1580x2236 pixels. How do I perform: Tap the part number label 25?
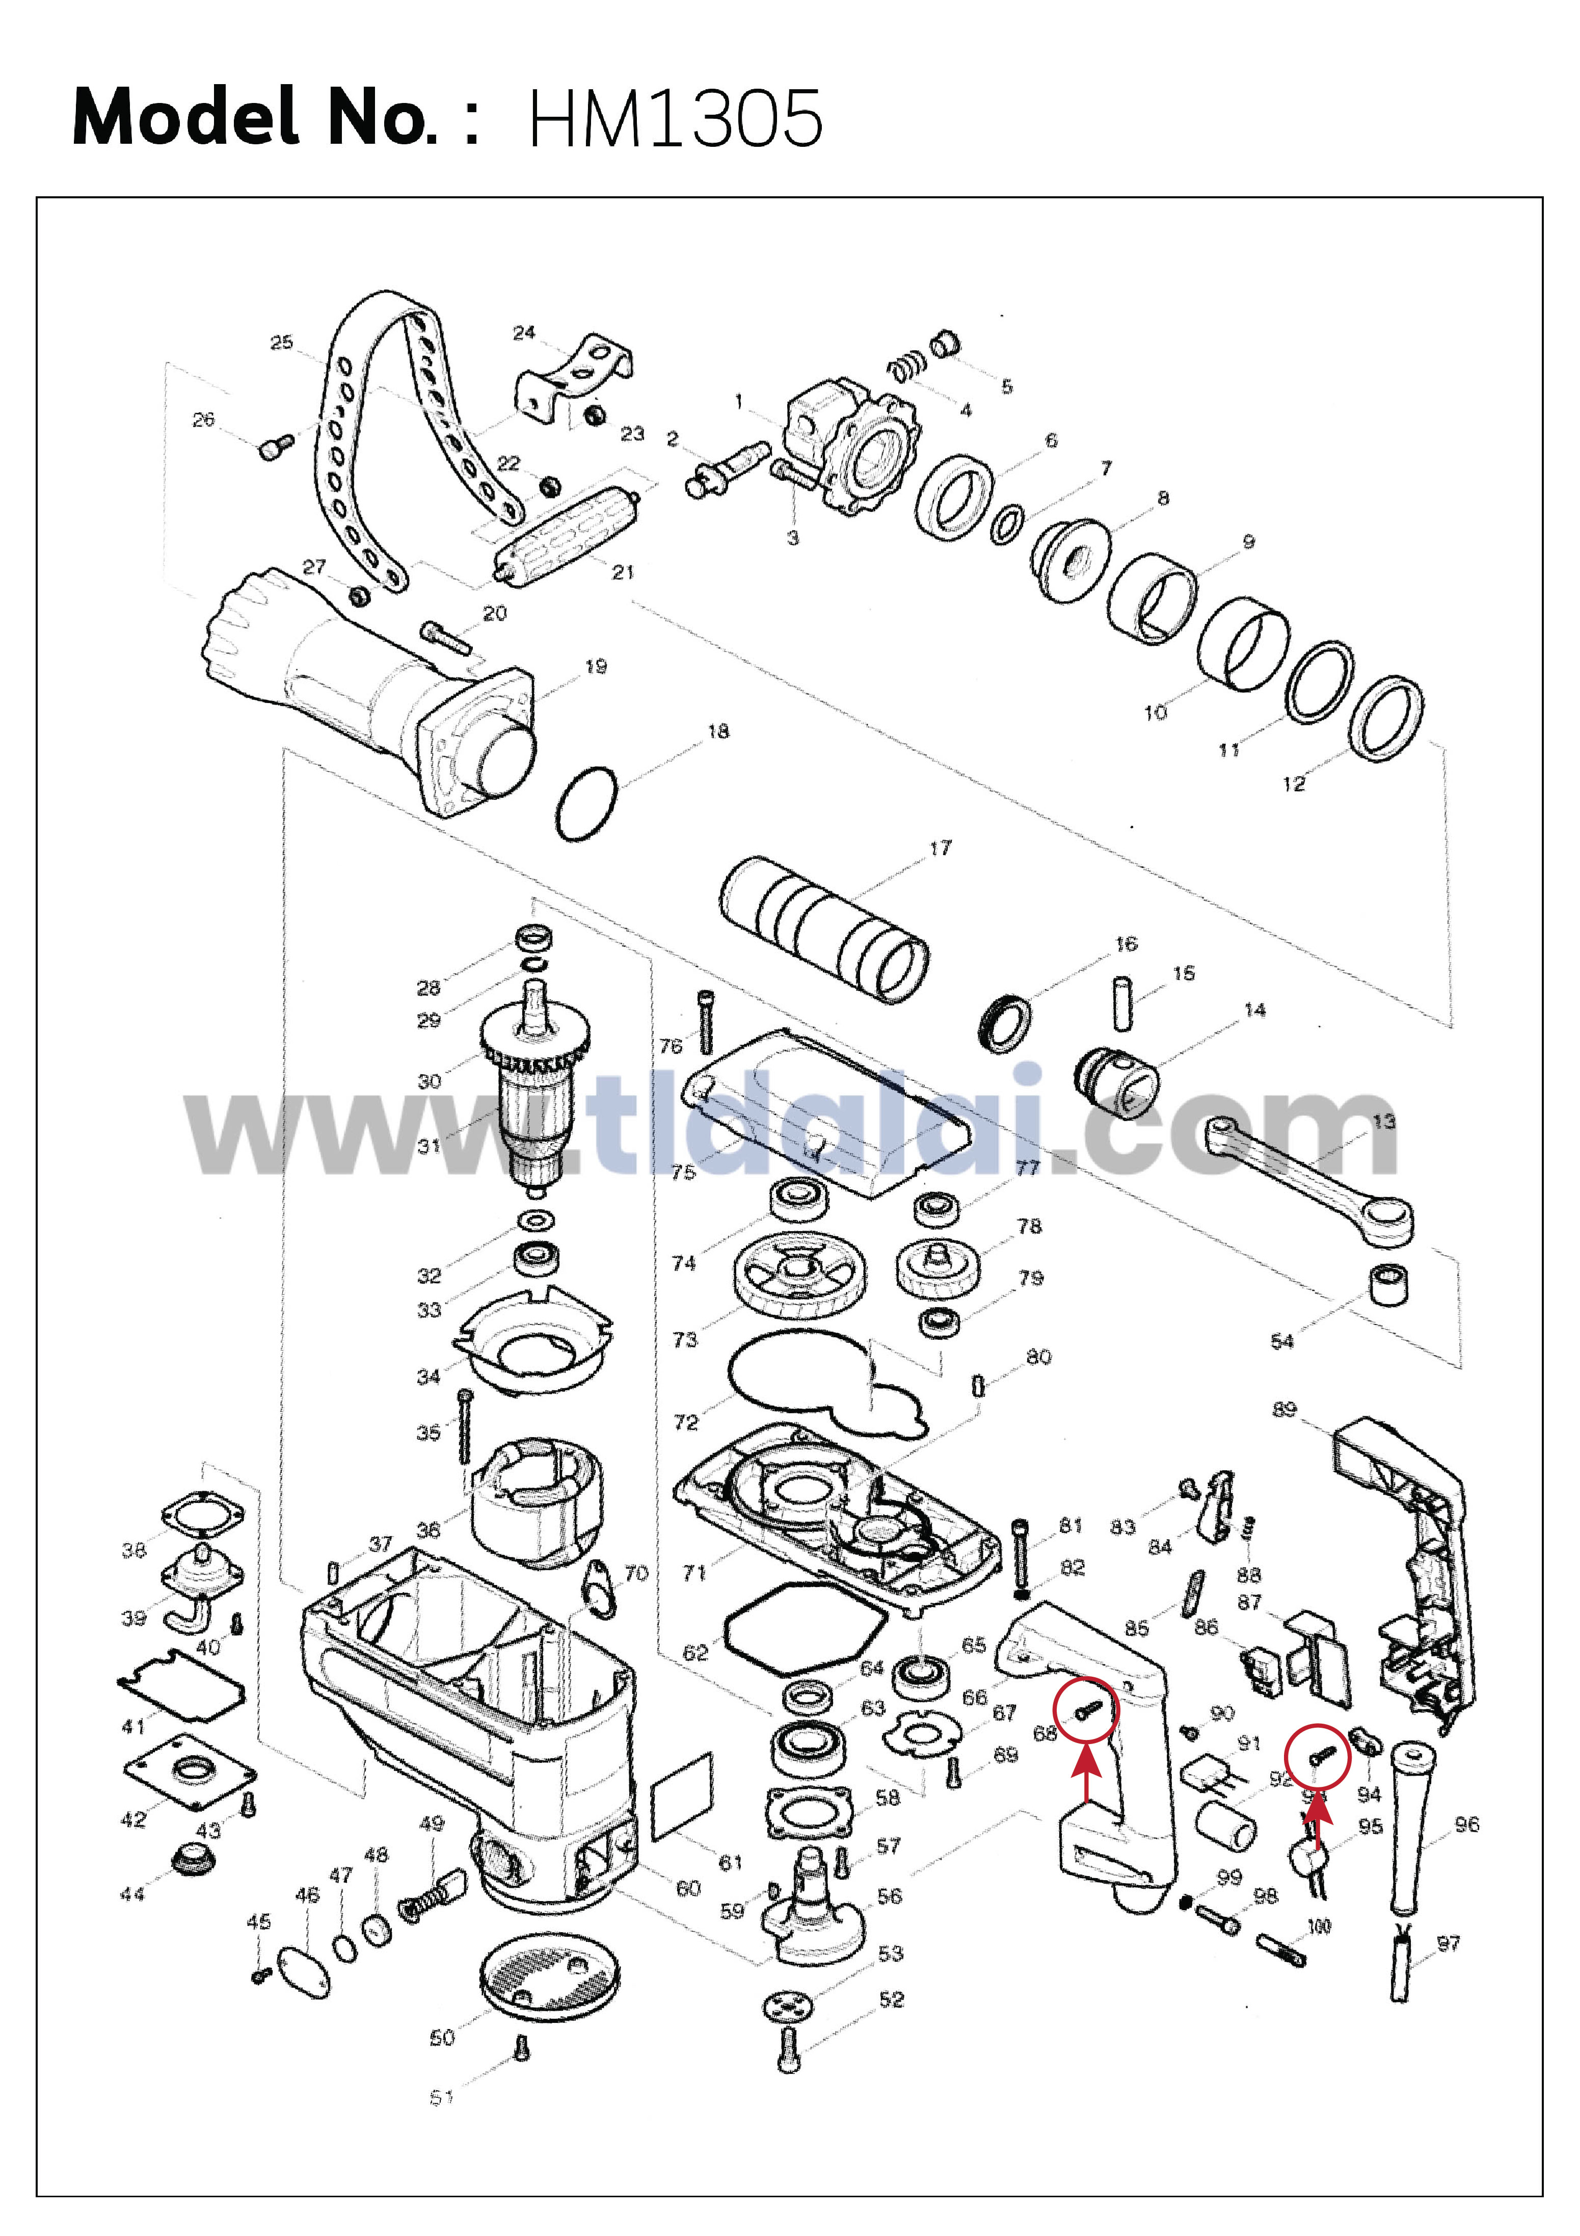coord(281,343)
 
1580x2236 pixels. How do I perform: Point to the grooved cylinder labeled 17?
coord(823,928)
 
